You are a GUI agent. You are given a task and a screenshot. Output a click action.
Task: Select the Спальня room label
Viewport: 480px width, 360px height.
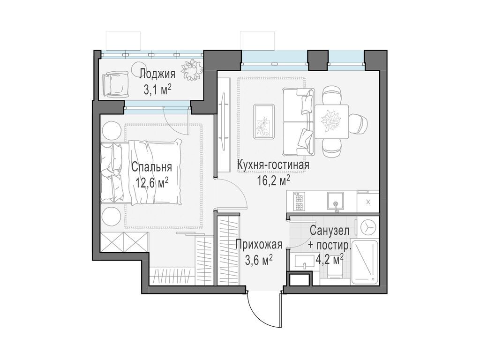pos(151,167)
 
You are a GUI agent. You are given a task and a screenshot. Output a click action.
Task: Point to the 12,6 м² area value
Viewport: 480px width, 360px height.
pos(151,182)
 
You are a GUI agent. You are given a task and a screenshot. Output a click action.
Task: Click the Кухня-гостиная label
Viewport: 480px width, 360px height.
pos(273,165)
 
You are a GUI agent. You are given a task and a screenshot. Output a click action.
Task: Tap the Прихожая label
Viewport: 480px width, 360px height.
pos(258,244)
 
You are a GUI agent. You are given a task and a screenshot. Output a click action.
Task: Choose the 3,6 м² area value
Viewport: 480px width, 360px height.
pos(259,260)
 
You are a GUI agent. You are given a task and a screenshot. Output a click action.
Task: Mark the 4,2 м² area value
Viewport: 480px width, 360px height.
pos(332,259)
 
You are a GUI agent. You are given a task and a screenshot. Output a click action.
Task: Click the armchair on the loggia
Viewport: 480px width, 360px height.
pos(114,83)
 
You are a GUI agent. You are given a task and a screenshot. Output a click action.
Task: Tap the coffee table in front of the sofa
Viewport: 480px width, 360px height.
pos(264,121)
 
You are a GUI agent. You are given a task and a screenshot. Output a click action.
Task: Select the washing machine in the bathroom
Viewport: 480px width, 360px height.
pos(368,227)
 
